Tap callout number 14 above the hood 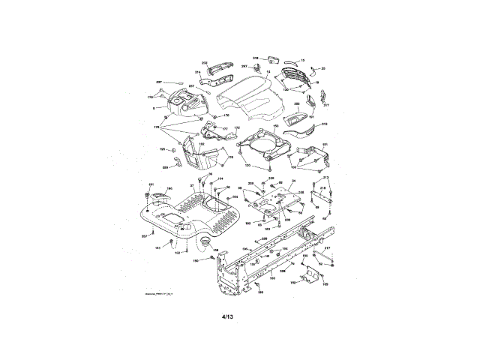(268, 72)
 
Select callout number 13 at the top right (302, 60)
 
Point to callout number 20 (323, 69)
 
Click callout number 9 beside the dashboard (154, 109)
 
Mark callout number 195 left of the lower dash (163, 149)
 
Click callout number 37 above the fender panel (192, 184)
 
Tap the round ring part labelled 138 (203, 240)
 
